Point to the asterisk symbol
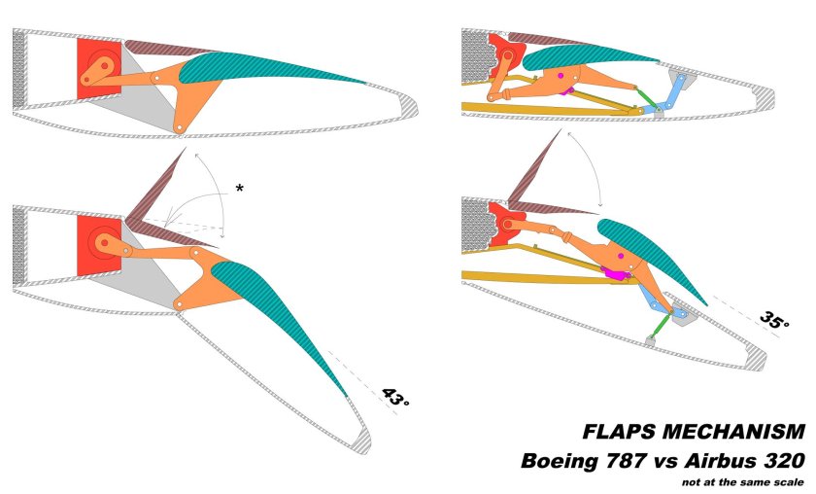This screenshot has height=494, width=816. [x=240, y=188]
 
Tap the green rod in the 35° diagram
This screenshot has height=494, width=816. [x=662, y=322]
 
